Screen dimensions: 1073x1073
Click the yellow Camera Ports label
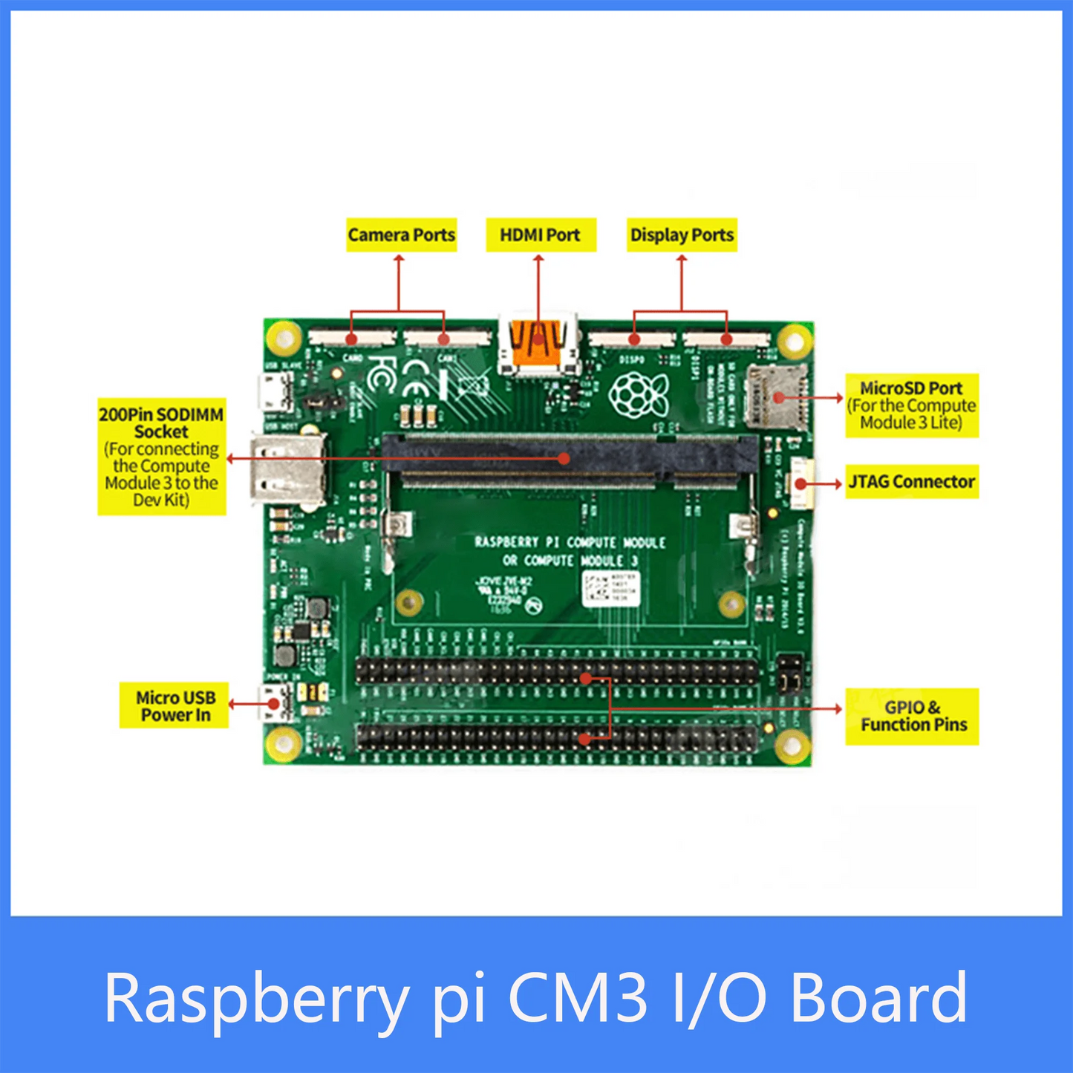[x=401, y=235]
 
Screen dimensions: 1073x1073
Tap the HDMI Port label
[x=541, y=235]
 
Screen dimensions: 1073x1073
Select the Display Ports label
[x=682, y=235]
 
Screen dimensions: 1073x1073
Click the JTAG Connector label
[x=911, y=482]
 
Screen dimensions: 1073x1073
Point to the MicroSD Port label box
[x=911, y=405]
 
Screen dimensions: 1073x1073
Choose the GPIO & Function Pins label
[x=912, y=716]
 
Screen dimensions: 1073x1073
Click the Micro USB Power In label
[x=175, y=706]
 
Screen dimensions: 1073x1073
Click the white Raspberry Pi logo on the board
[x=638, y=393]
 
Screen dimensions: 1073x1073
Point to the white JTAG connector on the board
[x=801, y=483]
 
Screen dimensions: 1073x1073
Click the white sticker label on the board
[x=610, y=589]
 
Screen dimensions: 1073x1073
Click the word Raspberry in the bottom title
[x=257, y=997]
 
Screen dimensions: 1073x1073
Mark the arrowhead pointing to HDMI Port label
[x=539, y=258]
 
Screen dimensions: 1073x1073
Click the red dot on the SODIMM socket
[x=564, y=459]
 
